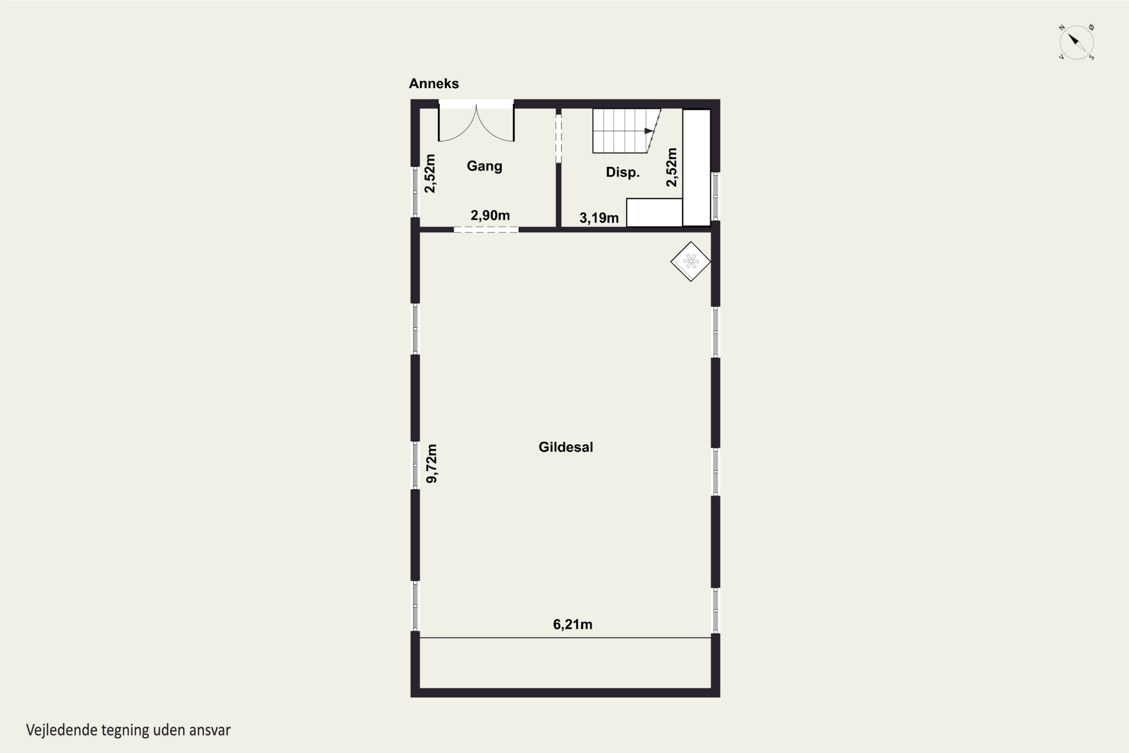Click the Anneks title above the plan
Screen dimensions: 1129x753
(x=434, y=84)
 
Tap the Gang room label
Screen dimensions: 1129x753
(x=484, y=166)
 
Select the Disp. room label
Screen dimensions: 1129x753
(x=622, y=172)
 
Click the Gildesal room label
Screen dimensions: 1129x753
(x=566, y=447)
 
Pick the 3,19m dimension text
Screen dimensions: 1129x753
(x=599, y=218)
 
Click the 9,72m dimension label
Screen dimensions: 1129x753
(x=432, y=463)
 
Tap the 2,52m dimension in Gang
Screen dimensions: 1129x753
(x=430, y=173)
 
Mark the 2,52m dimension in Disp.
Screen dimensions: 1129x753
(x=671, y=167)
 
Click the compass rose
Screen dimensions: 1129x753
(x=1076, y=42)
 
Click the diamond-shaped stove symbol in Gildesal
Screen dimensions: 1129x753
(x=691, y=261)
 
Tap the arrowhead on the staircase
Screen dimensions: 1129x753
(x=649, y=131)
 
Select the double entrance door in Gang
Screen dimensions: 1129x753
(x=476, y=123)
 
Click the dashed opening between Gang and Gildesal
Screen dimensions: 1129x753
(x=486, y=230)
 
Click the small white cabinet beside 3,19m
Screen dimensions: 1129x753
(x=654, y=212)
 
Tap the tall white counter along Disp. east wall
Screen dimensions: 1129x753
(x=697, y=168)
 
